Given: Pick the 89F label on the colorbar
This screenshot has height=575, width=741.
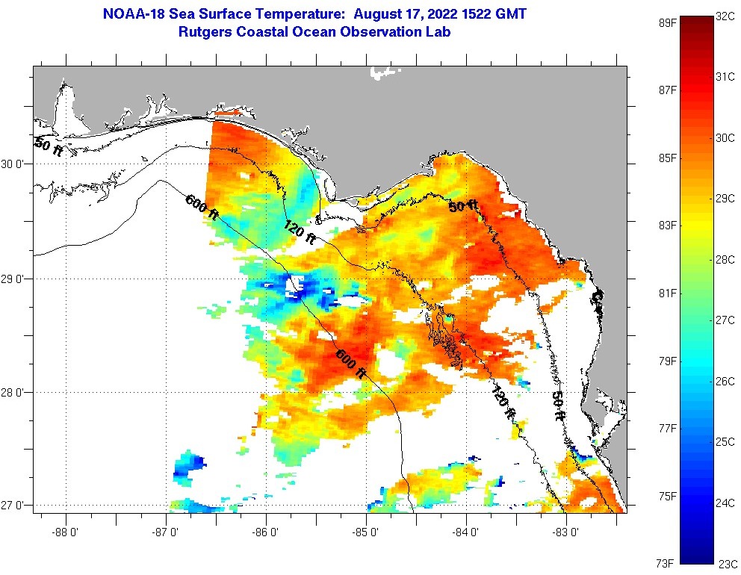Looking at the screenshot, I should (x=668, y=22).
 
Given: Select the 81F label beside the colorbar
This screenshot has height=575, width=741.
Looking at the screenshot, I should (x=668, y=293).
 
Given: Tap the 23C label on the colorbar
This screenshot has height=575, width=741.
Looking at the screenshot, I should (x=728, y=563).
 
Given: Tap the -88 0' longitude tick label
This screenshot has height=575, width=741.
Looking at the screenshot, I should (x=66, y=534).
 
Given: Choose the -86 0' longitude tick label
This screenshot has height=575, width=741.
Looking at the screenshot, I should (x=266, y=534).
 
